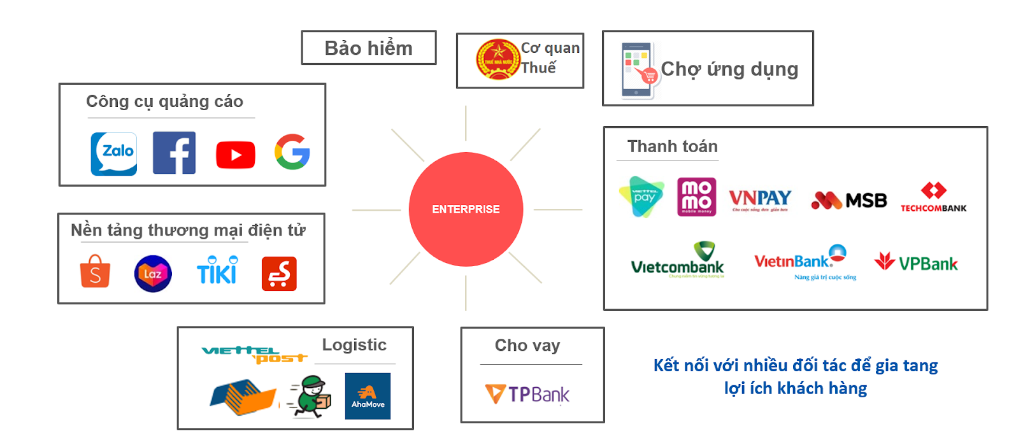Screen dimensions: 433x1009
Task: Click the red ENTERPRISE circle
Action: coord(466,209)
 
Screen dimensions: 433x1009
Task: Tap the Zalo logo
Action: coord(114,153)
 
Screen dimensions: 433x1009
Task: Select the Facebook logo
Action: coord(174,153)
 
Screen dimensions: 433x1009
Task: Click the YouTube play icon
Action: coord(236,155)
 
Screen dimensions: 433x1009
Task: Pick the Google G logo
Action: coord(292,152)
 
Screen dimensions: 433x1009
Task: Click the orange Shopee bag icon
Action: coord(95,272)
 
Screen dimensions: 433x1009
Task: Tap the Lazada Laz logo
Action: coord(153,274)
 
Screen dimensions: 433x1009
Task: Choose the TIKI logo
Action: coord(217,270)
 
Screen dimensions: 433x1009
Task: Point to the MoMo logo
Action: coord(696,197)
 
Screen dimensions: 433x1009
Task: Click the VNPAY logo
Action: coord(760,199)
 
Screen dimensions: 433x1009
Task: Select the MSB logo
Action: coord(848,201)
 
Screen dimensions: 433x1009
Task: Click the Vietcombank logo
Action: coord(678,260)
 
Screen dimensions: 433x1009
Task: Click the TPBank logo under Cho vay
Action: coord(527,394)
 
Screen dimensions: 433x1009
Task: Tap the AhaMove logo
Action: coord(368,396)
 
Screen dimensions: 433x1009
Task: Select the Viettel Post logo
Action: coord(254,354)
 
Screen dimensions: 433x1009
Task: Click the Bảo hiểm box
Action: coord(369,48)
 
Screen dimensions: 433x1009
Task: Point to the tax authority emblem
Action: coord(497,60)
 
